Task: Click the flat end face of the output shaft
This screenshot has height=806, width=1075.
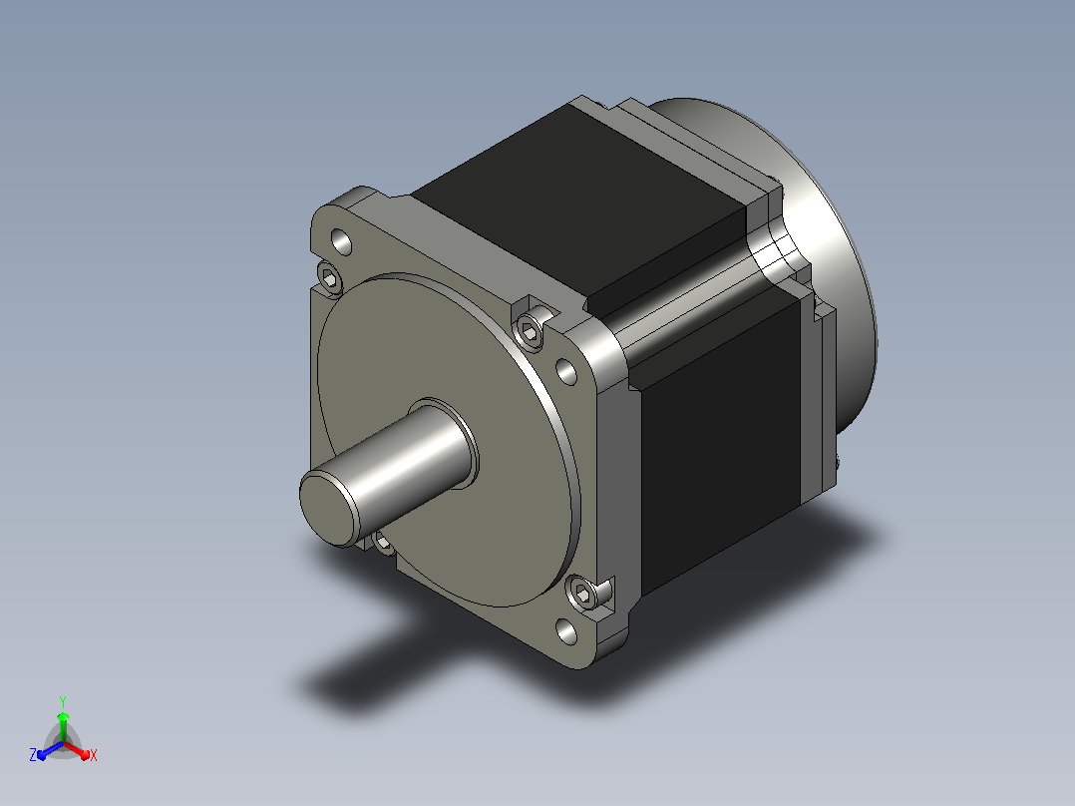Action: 330,509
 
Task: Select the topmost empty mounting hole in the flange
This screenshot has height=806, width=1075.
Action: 341,241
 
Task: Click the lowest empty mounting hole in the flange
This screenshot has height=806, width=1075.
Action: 566,631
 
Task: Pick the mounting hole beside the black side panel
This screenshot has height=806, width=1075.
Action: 566,372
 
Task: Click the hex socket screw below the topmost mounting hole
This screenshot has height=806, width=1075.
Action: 329,278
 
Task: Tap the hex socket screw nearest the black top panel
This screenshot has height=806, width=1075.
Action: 530,333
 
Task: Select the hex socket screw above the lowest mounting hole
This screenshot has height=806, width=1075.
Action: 583,592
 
